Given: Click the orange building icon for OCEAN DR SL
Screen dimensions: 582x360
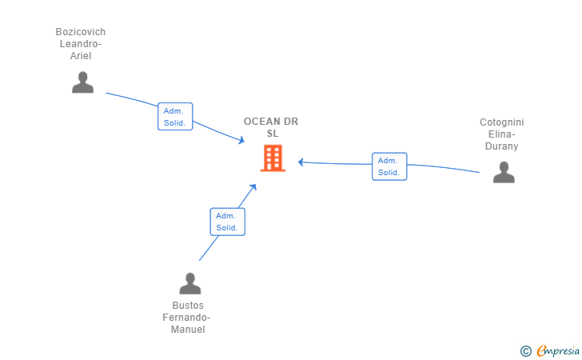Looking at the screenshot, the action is point(273,158).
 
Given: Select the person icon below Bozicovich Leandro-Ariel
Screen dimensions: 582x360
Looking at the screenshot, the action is point(82,82).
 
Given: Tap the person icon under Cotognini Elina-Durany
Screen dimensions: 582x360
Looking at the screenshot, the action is point(504,172).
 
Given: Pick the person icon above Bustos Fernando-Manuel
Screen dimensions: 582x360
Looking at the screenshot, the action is point(190,283).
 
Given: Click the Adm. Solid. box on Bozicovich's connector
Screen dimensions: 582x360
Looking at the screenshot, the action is point(175,117).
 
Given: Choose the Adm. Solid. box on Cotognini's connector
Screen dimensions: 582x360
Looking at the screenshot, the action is point(389,166).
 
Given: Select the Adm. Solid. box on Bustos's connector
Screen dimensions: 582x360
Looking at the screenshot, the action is point(228,222).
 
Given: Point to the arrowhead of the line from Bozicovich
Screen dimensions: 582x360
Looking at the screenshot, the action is point(241,140).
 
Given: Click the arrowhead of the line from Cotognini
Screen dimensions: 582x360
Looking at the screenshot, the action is point(301,162).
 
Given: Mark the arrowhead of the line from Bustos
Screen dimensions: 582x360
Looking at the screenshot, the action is point(253,187).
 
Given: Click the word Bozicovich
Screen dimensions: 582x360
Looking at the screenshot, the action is point(81,32).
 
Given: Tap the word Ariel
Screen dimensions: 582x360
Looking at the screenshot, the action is point(81,56).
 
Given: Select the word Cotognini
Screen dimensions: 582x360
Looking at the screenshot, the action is point(502,122).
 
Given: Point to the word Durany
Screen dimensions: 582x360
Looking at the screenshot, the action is point(501,146).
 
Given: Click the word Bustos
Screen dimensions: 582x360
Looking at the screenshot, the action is point(188,306).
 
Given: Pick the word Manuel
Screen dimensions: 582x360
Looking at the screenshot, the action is point(188,329).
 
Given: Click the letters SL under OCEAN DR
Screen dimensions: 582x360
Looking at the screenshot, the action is point(273,134).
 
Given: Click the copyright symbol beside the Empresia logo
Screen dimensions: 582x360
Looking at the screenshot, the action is point(525,351).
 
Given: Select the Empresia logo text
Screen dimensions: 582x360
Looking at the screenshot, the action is point(558,351).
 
